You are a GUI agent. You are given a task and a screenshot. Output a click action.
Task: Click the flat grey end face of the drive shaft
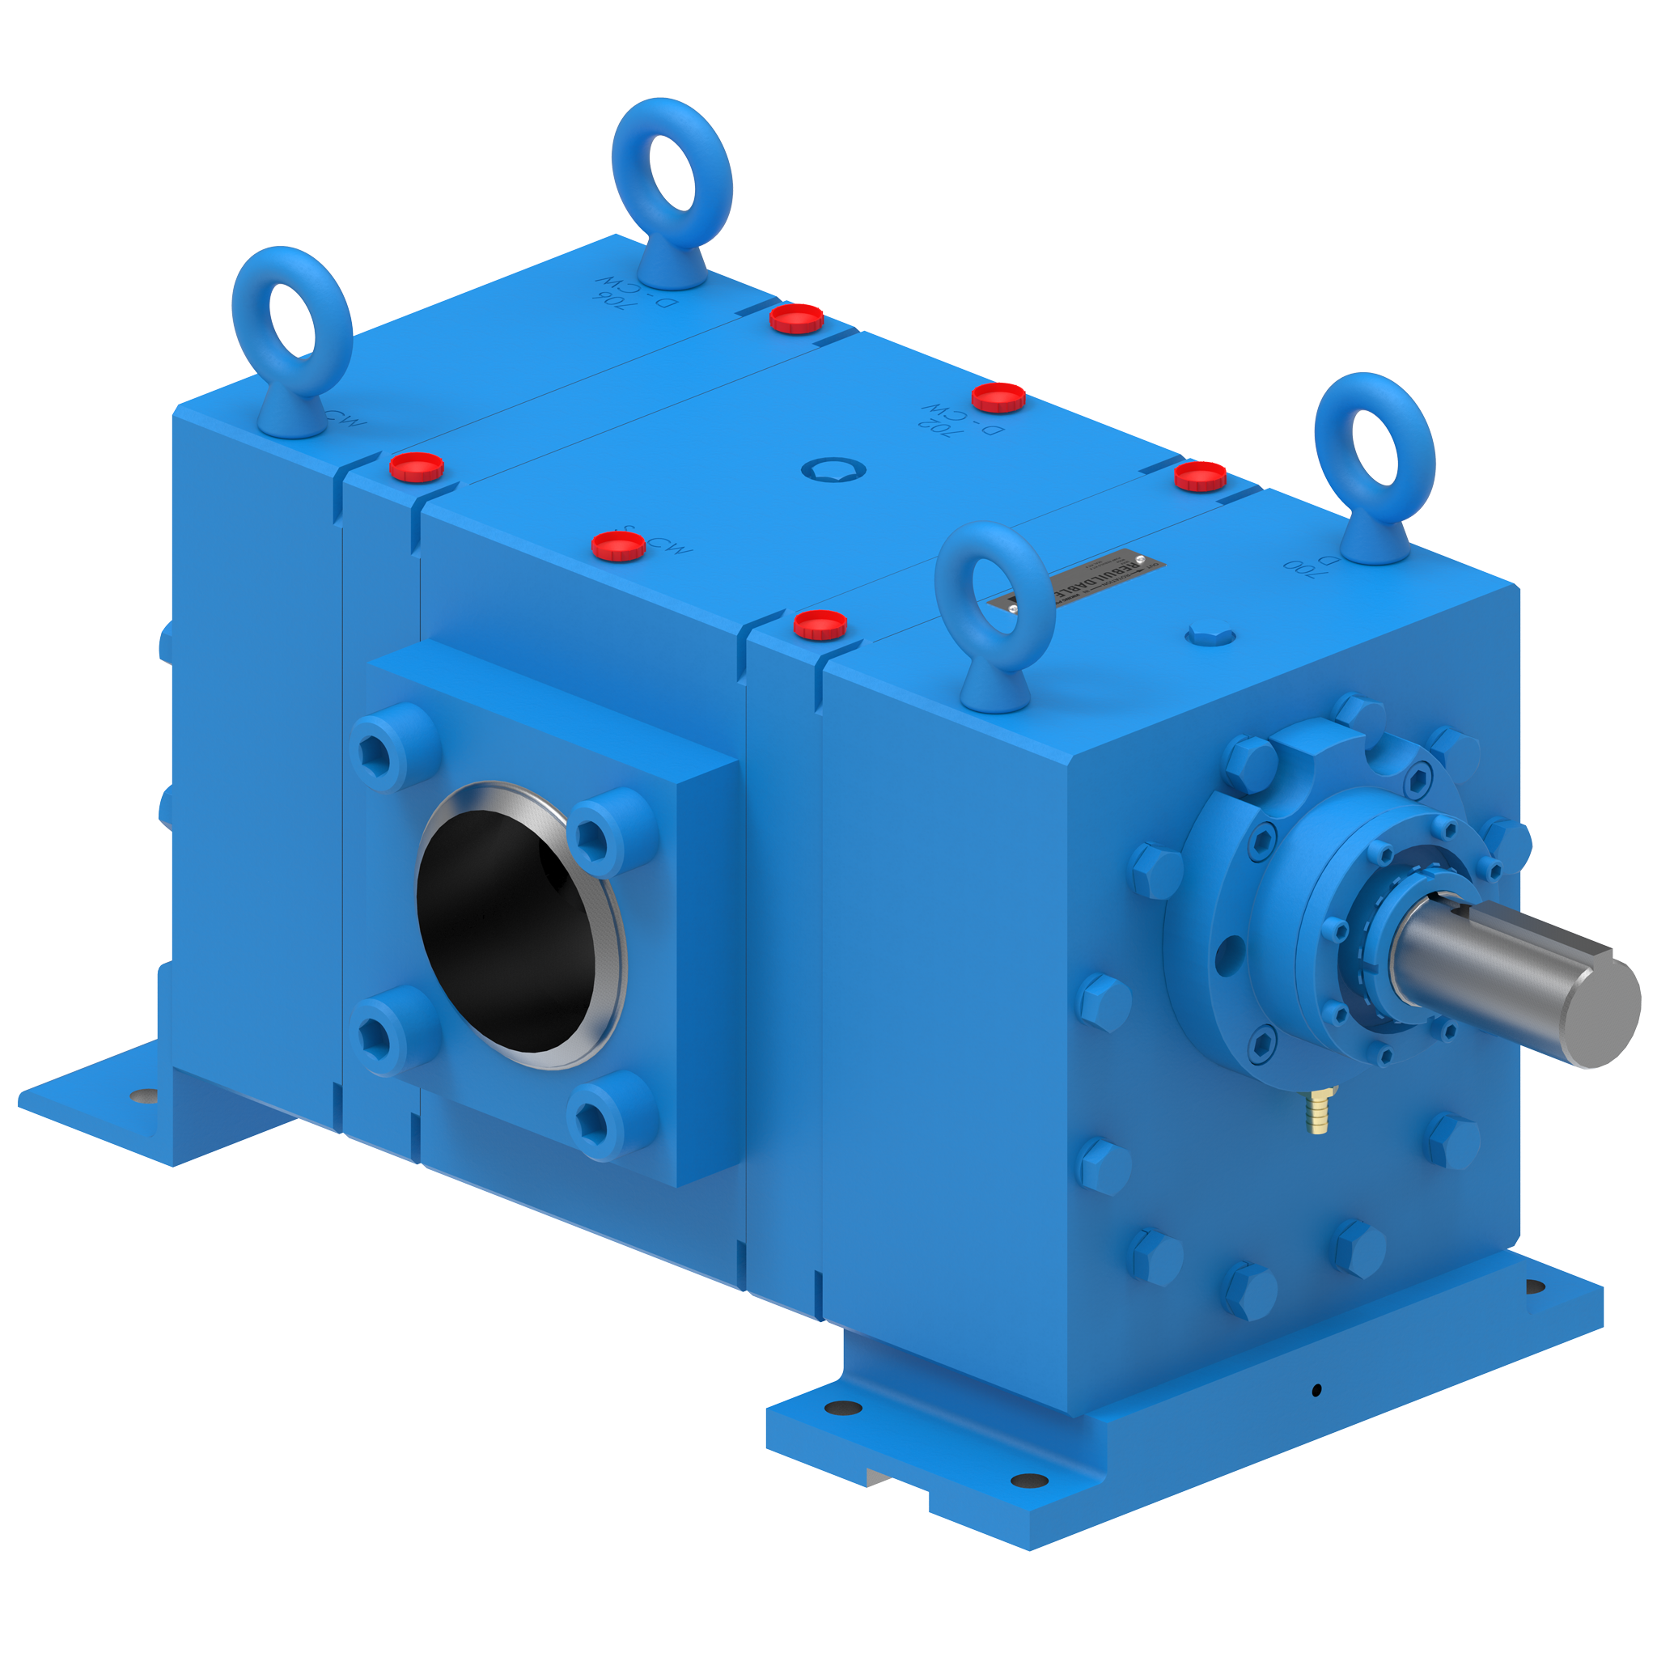tap(1601, 1012)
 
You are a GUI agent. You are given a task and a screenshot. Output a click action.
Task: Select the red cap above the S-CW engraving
tap(618, 545)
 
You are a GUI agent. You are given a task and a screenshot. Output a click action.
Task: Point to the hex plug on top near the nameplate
tap(1210, 635)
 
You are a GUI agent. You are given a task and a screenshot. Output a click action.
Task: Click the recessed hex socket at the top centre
tap(833, 469)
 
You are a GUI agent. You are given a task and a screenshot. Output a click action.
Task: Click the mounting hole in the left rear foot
tap(145, 1096)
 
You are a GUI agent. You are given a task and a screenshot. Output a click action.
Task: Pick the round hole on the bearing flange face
tap(1231, 949)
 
